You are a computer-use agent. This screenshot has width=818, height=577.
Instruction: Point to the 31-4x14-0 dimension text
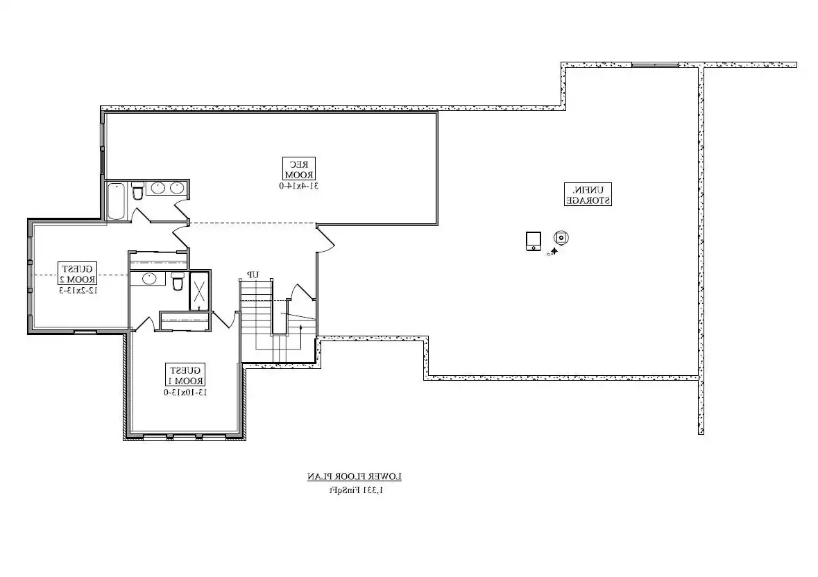pos(298,186)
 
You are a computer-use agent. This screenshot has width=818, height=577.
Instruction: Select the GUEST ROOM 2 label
pos(78,274)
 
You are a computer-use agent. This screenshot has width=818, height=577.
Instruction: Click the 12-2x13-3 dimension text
pos(78,290)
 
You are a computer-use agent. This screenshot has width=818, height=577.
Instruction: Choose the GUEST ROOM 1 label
pos(185,374)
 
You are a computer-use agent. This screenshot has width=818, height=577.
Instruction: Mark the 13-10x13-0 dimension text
pos(185,392)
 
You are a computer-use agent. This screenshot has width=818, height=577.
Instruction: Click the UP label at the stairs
pos(253,275)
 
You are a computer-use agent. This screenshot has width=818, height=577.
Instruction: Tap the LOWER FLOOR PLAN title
pos(355,477)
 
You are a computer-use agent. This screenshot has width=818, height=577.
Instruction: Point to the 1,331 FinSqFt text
pos(355,490)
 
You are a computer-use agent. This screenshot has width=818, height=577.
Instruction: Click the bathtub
pos(117,200)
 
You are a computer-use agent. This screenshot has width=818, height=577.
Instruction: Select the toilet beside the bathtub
pos(137,190)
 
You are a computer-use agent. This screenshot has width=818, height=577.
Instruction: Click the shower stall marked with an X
pos(200,291)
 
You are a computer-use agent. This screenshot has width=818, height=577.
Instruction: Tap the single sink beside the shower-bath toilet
pos(148,279)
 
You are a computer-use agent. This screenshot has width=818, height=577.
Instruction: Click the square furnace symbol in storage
pos(533,241)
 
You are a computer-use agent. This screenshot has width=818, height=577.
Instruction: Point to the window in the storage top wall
pos(654,65)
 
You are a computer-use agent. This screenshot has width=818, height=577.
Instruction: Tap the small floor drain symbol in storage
pos(554,252)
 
